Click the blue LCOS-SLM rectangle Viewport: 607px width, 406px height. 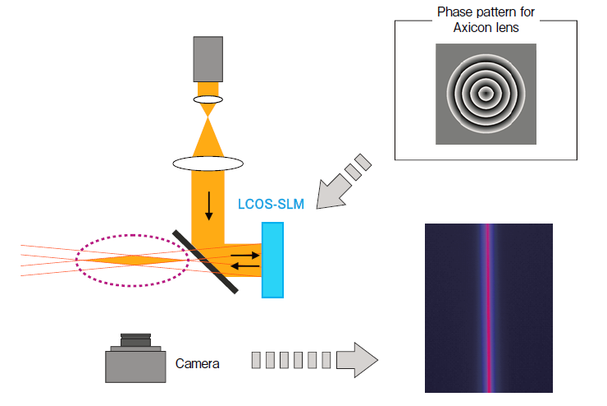[x=272, y=260]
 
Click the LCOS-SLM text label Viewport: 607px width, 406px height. [x=271, y=205]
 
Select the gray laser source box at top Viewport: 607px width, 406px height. [x=208, y=58]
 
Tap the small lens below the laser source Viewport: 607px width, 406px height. [x=208, y=99]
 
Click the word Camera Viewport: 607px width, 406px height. [x=198, y=362]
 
